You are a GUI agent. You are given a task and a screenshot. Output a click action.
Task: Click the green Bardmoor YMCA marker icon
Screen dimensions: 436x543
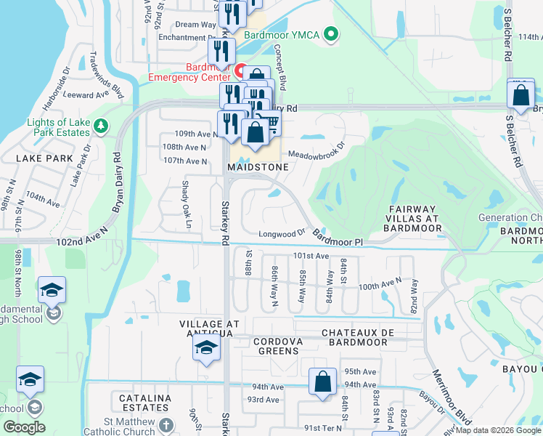332,33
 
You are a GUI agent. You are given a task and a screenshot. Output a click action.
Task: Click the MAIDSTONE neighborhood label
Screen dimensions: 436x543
258,167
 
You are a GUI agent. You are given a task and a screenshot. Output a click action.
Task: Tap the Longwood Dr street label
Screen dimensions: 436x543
282,234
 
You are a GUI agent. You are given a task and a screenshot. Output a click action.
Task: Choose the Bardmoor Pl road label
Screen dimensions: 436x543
337,238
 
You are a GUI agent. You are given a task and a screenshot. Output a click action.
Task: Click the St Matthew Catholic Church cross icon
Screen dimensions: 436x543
166,427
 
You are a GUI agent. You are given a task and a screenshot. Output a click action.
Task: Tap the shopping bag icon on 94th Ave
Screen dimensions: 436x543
322,381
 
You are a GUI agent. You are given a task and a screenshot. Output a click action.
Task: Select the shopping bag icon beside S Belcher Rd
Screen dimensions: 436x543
520,95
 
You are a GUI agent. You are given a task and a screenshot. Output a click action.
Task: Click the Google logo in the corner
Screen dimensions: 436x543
24,427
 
